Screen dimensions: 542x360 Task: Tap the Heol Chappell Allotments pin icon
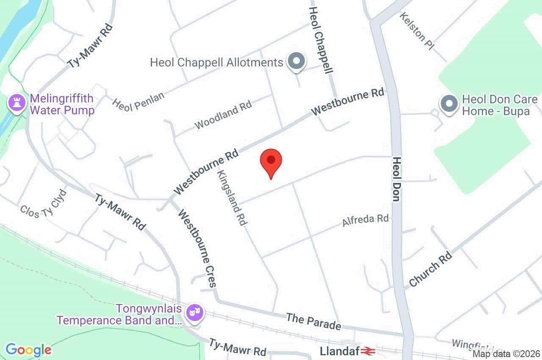[297, 61]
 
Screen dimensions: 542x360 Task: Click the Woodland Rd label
[223, 115]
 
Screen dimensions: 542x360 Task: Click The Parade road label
[313, 321]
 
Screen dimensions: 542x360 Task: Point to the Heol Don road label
[396, 180]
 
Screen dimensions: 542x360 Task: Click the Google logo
[28, 350]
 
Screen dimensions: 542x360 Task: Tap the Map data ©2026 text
[506, 354]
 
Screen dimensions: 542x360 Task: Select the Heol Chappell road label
[321, 40]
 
